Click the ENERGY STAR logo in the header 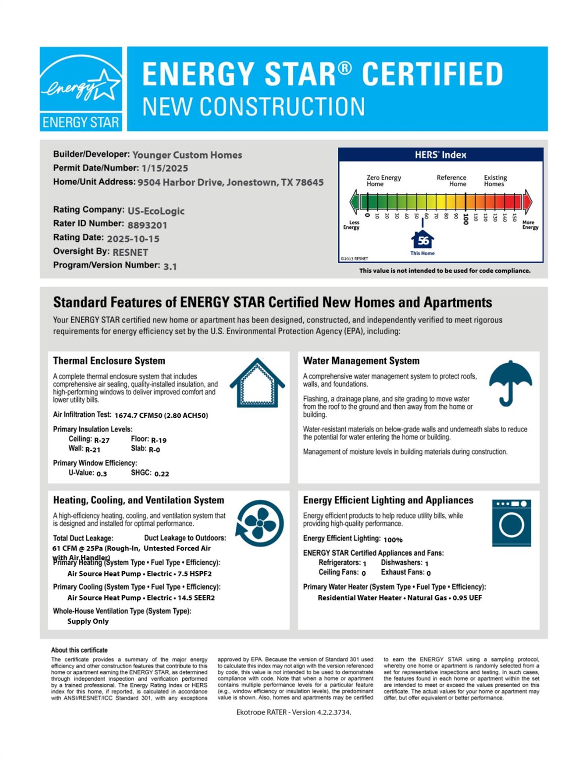click(x=81, y=89)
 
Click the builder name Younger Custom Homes click(x=187, y=155)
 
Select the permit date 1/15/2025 click(x=164, y=168)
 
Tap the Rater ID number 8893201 click(x=147, y=225)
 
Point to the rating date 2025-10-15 click(x=133, y=239)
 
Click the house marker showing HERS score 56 click(x=423, y=240)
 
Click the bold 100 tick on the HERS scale click(x=466, y=219)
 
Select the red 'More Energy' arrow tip click(x=528, y=202)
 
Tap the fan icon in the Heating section click(x=259, y=523)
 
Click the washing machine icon click(x=511, y=523)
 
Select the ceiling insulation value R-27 click(x=102, y=440)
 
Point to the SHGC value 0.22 click(x=161, y=474)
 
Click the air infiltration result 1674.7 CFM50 click(x=138, y=416)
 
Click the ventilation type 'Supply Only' click(x=88, y=621)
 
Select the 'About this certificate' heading click(x=79, y=650)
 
